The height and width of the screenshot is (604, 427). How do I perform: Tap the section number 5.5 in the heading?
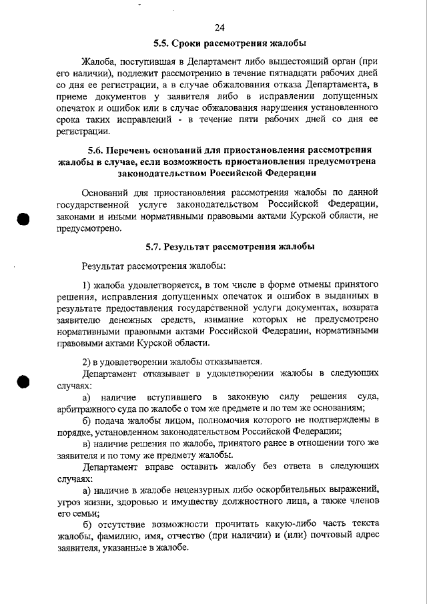[161, 44]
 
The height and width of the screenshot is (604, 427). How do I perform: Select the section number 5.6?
[98, 150]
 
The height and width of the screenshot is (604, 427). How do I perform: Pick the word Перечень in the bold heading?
[137, 150]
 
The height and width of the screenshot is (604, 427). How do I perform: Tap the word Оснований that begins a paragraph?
[106, 192]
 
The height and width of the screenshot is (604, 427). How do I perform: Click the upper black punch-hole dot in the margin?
[24, 220]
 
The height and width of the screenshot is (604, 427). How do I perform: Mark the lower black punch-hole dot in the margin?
[24, 382]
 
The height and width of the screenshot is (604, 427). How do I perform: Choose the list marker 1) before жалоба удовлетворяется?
[86, 285]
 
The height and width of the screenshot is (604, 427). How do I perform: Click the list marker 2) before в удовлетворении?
[86, 361]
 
